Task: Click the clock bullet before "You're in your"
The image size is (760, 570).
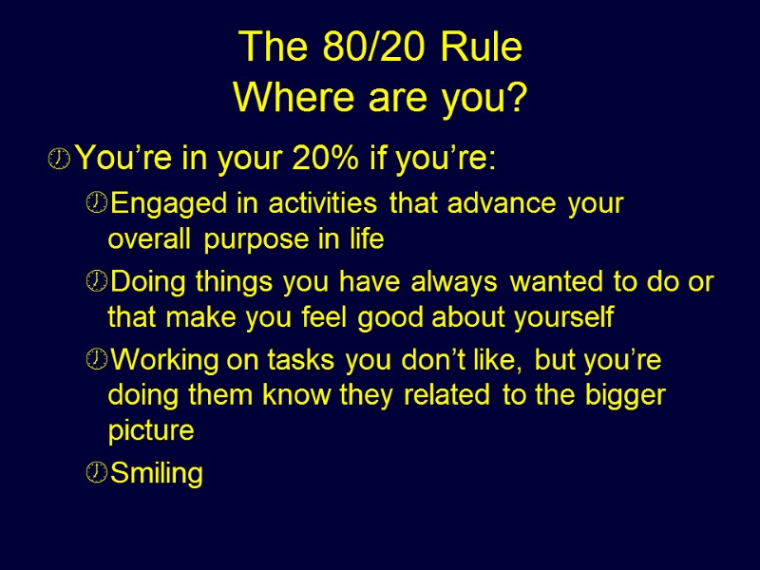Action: coord(59,161)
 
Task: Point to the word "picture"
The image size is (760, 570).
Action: coord(151,430)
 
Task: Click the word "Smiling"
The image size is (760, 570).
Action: coord(157,473)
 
